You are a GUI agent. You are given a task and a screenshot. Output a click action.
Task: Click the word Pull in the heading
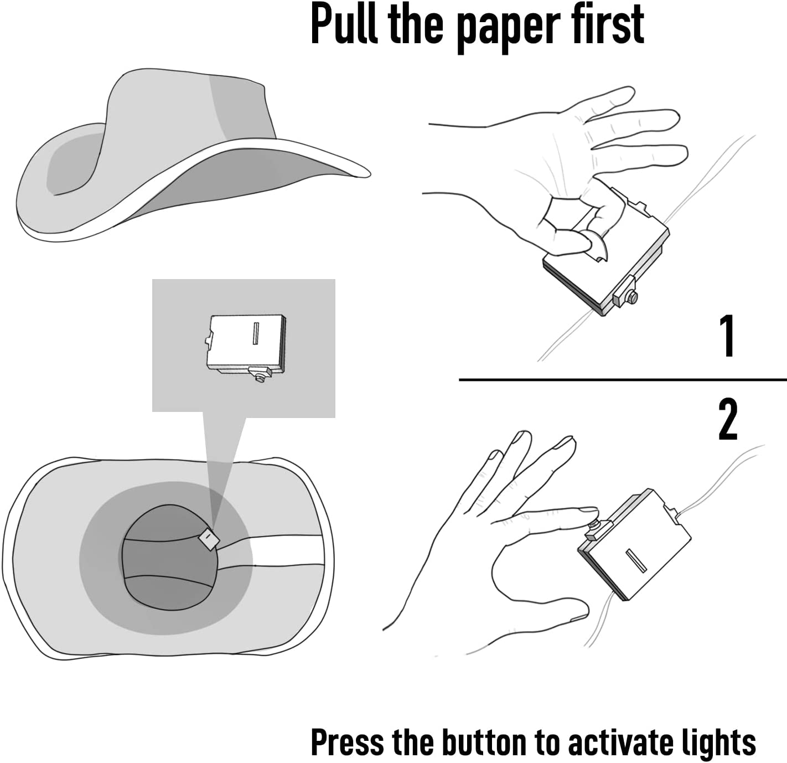(x=344, y=24)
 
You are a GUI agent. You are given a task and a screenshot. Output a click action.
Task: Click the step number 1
(x=728, y=336)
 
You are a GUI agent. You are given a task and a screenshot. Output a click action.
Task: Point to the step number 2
(x=728, y=419)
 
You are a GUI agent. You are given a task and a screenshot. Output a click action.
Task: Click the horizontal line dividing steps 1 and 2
(x=623, y=380)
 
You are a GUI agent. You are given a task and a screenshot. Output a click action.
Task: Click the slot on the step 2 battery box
(x=636, y=561)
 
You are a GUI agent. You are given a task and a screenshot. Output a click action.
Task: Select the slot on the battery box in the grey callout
(x=256, y=333)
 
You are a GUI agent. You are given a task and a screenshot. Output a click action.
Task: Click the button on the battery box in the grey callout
(x=261, y=378)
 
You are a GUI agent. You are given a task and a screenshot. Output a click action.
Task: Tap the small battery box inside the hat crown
(x=209, y=539)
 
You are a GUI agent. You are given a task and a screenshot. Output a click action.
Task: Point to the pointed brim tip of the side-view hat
(x=369, y=174)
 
